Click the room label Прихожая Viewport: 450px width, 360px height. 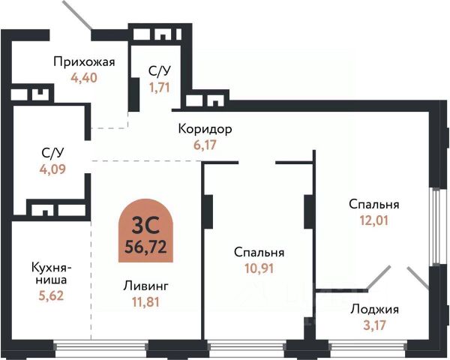pos(83,61)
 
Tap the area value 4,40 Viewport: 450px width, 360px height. pos(84,76)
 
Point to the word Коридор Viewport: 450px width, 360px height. pos(205,129)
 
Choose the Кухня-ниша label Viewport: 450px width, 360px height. pos(51,273)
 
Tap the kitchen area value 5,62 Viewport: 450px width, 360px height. pos(51,295)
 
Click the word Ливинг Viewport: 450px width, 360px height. pos(141,286)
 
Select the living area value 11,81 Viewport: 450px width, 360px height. pos(141,303)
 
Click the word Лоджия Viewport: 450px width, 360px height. pos(374,309)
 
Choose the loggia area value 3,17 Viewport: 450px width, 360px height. pos(374,325)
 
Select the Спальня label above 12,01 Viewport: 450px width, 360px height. pos(373,204)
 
